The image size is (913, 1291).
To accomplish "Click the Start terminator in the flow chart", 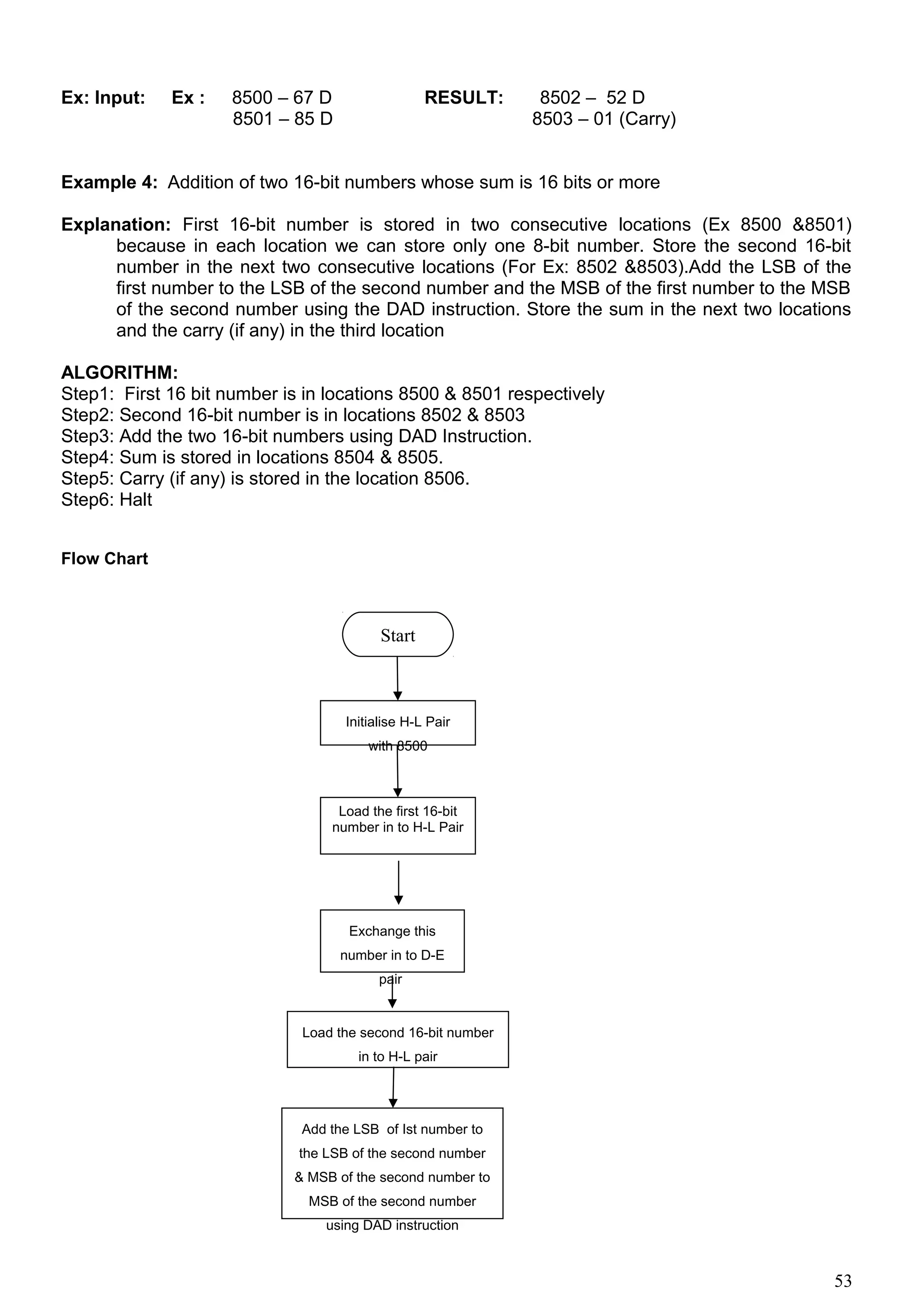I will coord(398,635).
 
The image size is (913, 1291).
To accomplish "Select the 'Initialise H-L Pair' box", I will coord(398,723).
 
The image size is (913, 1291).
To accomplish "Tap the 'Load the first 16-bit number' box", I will coord(398,825).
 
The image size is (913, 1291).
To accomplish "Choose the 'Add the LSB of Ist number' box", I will coord(392,1163).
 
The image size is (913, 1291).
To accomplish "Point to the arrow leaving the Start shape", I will coord(398,678).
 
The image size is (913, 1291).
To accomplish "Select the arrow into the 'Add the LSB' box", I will coord(393,1087).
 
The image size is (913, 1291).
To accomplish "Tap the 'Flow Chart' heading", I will coord(105,559).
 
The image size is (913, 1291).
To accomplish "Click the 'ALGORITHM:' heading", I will coord(120,372).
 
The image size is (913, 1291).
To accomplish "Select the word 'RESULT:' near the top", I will coord(464,98).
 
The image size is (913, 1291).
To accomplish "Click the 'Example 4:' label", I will coord(109,183).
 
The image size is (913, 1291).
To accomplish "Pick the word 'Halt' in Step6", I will coord(136,500).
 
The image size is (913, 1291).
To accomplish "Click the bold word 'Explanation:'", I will coord(116,225).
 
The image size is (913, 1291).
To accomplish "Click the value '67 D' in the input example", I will coord(312,98).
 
